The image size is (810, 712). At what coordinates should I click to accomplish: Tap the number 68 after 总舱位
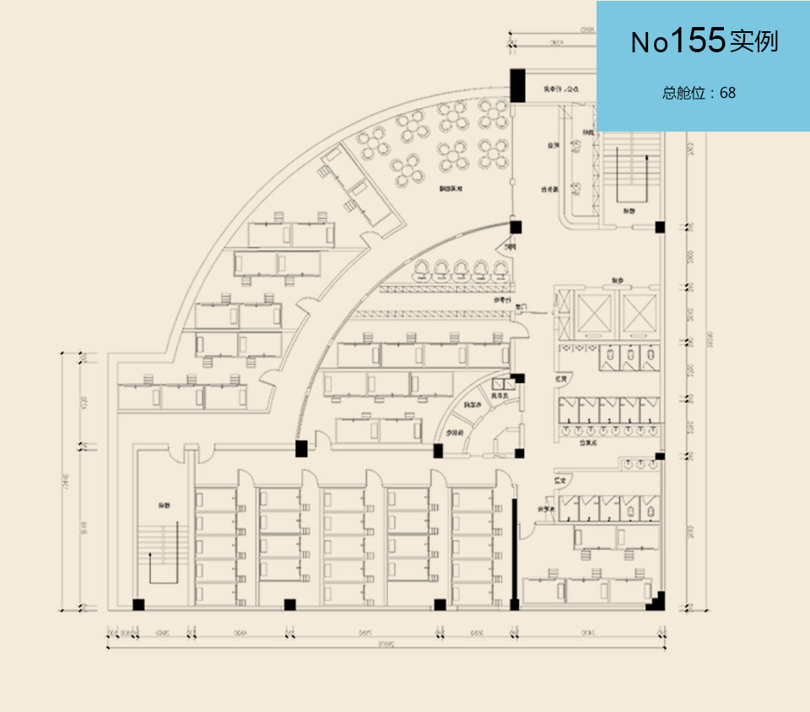click(727, 93)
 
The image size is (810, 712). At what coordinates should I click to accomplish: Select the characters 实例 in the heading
click(754, 41)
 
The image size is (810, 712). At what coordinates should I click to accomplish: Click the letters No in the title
click(650, 42)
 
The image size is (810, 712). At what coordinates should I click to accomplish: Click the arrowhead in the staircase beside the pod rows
click(152, 555)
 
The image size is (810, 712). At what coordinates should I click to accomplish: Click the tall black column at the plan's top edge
click(518, 85)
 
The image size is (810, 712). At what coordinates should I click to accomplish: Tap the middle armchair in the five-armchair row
click(461, 270)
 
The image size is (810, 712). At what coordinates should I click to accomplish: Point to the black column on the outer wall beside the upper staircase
click(660, 227)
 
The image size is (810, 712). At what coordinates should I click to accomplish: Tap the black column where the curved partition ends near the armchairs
click(516, 226)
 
